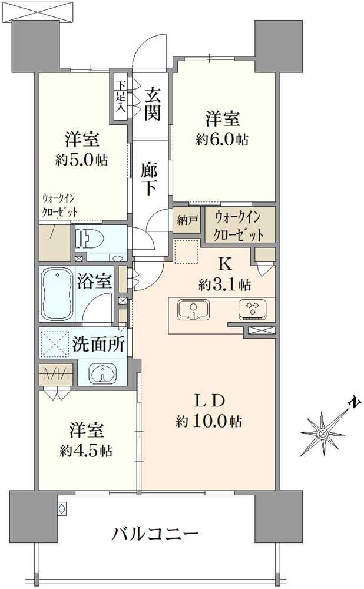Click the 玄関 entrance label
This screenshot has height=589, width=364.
click(153, 103)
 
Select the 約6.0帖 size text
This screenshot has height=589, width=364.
click(222, 140)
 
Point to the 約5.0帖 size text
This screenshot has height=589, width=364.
click(81, 160)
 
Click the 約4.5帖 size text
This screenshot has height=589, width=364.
click(86, 450)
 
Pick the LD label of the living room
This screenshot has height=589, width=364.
click(210, 401)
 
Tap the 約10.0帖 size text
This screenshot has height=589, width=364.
click(209, 421)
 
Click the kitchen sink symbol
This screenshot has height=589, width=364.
click(194, 310)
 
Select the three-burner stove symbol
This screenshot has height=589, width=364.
click(253, 310)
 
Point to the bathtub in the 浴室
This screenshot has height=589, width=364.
click(57, 294)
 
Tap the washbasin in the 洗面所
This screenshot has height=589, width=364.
click(102, 373)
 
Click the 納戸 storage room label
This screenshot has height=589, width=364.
click(187, 220)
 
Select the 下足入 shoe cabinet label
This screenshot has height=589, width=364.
click(121, 97)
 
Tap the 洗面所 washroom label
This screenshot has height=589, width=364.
click(98, 343)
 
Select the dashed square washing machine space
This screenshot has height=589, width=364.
click(54, 344)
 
